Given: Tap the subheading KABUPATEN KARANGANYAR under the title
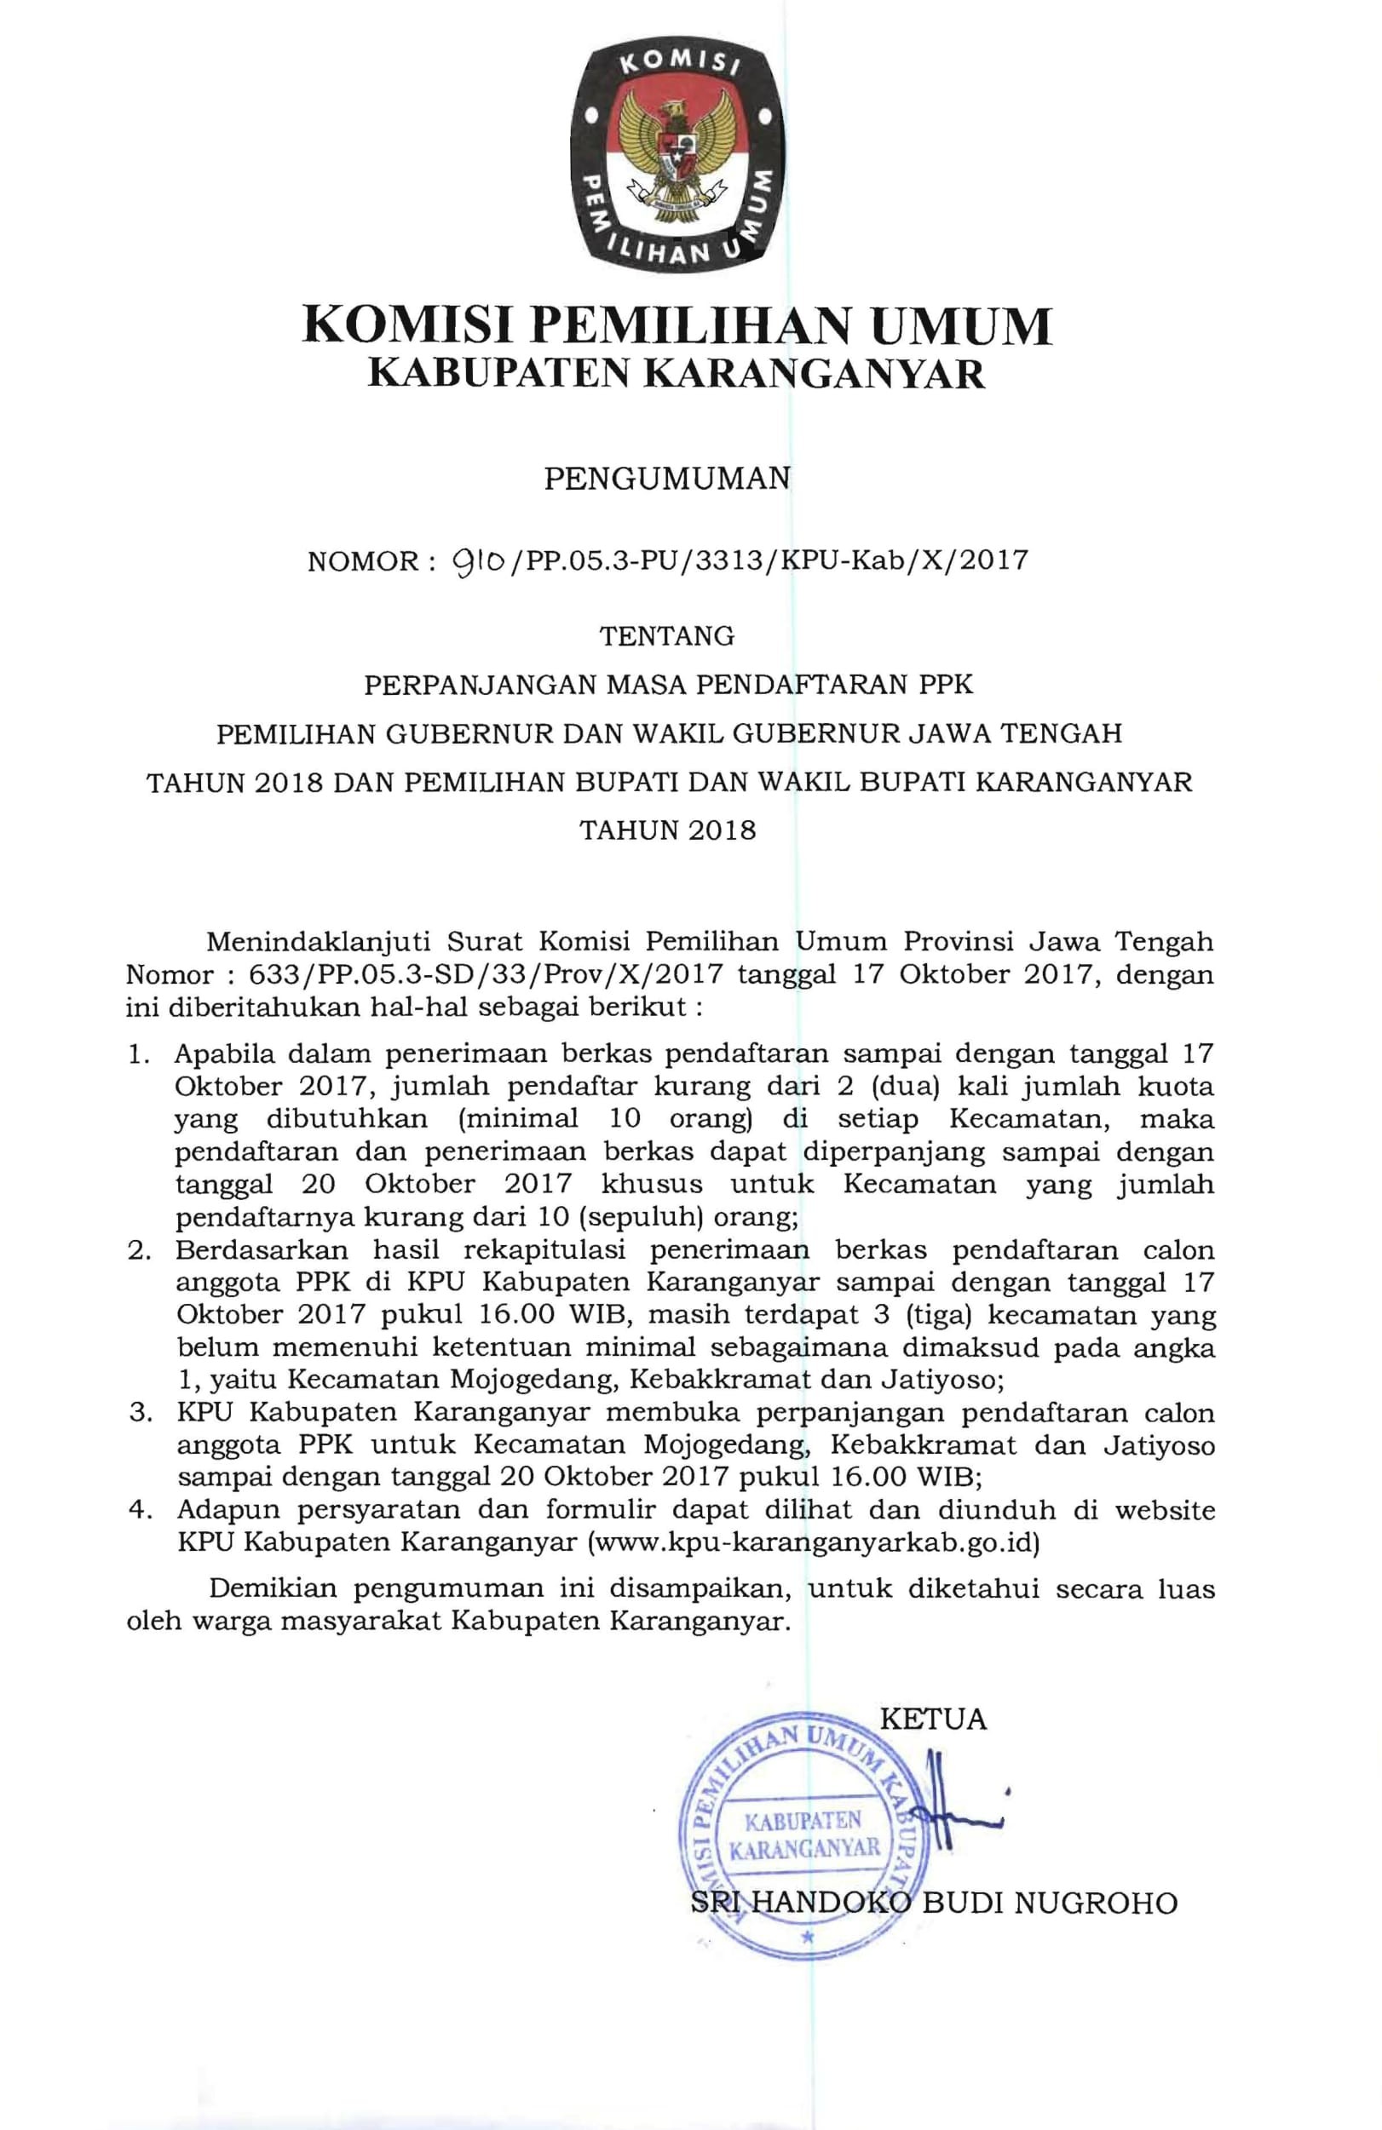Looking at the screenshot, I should [x=677, y=374].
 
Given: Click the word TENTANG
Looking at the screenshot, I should [x=667, y=635].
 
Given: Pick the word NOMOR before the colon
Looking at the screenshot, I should [x=362, y=561].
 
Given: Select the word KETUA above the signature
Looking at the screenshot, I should [x=934, y=1720].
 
